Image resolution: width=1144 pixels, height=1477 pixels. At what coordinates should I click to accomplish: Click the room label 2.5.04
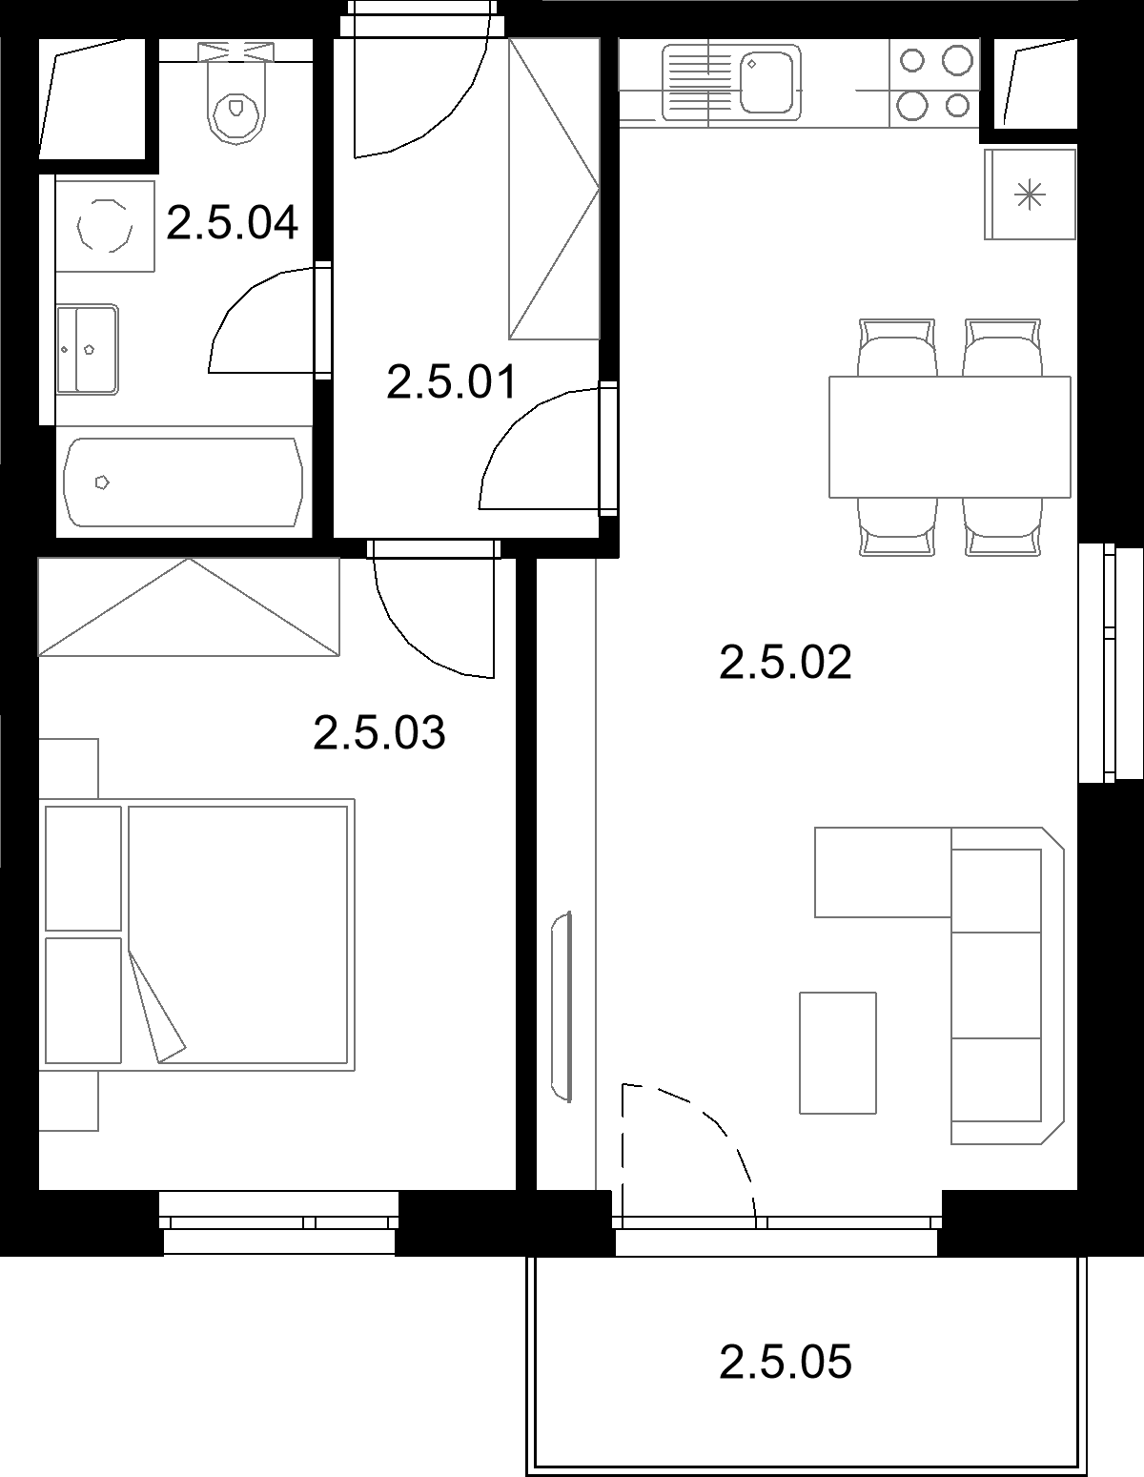pos(233,223)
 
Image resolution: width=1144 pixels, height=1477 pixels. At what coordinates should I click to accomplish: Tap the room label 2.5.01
pos(453,381)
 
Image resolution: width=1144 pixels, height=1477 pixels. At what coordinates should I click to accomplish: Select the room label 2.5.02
pos(786,663)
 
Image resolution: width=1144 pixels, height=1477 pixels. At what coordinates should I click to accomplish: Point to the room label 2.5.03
pos(379,732)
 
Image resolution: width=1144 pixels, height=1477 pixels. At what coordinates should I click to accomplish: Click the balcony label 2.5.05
pos(786,1363)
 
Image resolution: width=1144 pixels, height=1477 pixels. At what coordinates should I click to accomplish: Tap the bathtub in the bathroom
pos(183,482)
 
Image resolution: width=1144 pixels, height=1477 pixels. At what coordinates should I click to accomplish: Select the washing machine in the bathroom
pos(105,226)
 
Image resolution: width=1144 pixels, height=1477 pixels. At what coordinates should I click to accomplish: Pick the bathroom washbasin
pos(87,349)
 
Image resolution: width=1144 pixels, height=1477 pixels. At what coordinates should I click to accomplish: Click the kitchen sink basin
pos(766,83)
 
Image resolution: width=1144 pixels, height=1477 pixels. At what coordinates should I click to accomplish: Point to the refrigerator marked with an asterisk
pos(1030,195)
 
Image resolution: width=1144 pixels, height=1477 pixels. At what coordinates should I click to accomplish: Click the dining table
pos(950,437)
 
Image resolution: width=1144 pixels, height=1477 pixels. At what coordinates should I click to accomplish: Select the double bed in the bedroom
pos(196,934)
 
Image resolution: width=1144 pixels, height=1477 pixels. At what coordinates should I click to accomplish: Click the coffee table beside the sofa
pos(838,1053)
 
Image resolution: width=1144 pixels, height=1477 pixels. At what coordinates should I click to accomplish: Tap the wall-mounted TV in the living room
pos(562,1007)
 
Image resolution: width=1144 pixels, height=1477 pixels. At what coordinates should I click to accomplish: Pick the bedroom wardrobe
pos(189,607)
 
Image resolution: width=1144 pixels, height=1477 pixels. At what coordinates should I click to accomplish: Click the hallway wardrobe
pos(554,189)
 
